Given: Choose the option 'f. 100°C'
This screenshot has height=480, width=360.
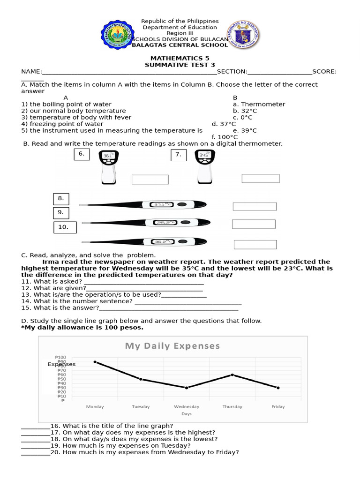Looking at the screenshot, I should click(225, 137).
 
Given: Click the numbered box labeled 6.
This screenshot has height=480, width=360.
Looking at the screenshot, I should click(81, 154).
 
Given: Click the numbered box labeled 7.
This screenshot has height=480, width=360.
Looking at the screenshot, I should click(178, 155).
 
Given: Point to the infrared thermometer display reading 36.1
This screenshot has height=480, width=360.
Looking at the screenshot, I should click(108, 156).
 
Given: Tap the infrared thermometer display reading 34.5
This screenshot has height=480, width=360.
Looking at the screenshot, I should click(204, 155).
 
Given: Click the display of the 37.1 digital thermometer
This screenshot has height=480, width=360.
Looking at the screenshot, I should click(162, 204).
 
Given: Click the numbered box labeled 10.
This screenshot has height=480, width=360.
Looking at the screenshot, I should click(64, 227).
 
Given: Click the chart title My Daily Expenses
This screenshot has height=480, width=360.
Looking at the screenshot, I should click(172, 346).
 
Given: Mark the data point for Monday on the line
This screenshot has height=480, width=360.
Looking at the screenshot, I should click(95, 361).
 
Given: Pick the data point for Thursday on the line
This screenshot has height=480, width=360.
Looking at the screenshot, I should click(232, 375).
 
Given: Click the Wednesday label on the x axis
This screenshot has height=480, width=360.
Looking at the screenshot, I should click(187, 406).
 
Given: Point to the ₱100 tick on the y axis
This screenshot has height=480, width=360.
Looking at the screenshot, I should click(60, 357).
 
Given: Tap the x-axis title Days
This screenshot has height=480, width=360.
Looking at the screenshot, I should click(186, 414).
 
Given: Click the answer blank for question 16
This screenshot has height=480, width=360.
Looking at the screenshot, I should click(35, 426).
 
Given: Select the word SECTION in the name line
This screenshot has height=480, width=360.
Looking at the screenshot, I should click(232, 71).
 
